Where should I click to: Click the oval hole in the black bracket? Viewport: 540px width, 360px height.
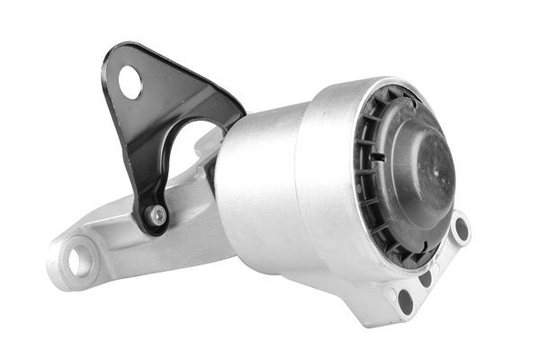(x=130, y=83)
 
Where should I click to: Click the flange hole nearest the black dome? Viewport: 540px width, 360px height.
(x=461, y=229)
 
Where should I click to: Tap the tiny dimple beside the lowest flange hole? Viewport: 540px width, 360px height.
(x=390, y=290)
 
